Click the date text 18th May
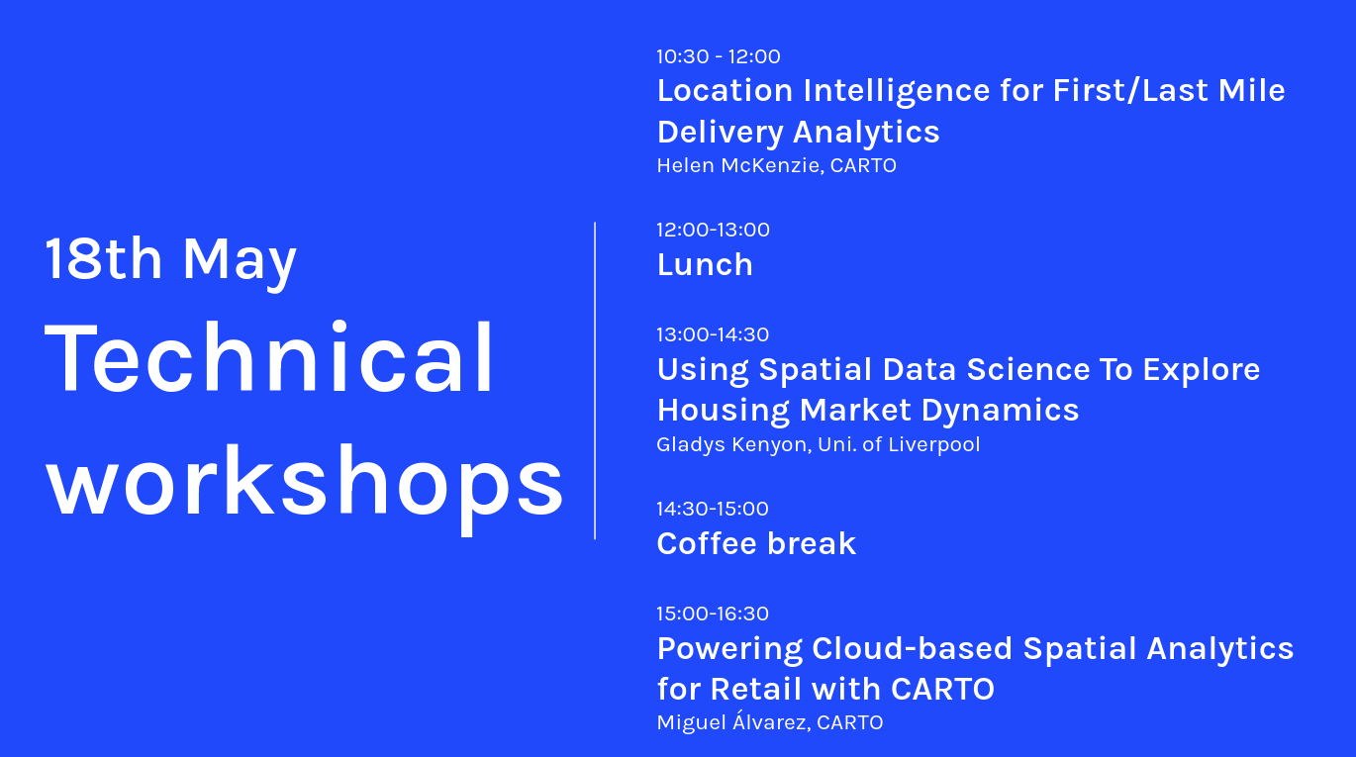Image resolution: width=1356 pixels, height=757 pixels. [x=170, y=259]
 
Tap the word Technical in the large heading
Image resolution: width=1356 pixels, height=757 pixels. [x=269, y=358]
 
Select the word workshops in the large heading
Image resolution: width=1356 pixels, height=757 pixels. [x=305, y=483]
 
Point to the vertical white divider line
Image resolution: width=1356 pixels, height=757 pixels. [x=595, y=381]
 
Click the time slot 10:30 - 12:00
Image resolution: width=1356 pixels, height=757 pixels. [x=718, y=56]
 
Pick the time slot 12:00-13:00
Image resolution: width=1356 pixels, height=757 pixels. [x=713, y=230]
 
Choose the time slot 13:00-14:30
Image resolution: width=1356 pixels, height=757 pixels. [x=713, y=334]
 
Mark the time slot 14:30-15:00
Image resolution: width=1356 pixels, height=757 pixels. [x=713, y=509]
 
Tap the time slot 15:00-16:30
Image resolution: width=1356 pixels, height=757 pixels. [x=713, y=614]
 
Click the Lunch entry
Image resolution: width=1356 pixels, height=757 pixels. [x=705, y=264]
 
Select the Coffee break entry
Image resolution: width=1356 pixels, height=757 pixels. [x=756, y=543]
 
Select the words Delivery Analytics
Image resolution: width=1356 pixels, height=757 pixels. [x=798, y=132]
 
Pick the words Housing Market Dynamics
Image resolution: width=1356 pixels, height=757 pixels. [x=867, y=410]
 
